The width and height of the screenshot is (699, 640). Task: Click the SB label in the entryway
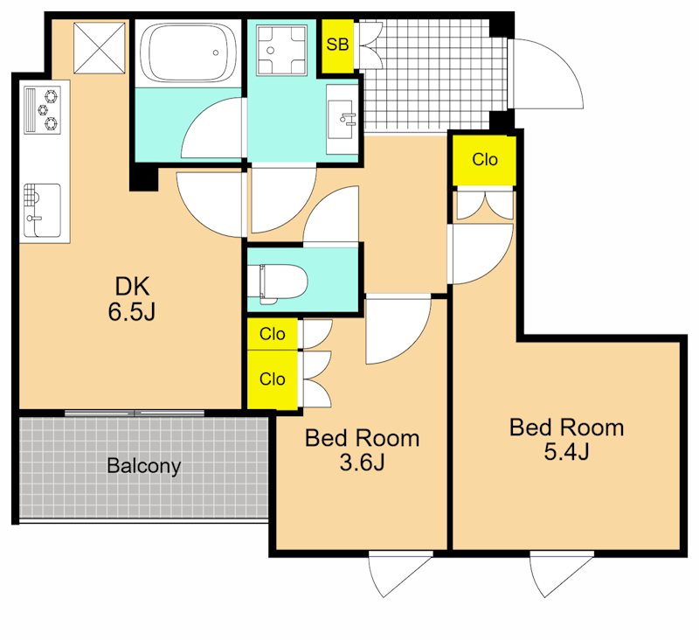tap(337, 45)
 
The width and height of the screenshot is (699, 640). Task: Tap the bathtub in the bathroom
tap(188, 52)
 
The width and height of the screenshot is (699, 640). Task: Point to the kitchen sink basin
tap(42, 210)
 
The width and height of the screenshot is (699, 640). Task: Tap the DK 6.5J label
tap(133, 298)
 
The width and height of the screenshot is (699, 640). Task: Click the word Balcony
tap(143, 466)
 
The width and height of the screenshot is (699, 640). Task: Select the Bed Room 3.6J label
tap(362, 449)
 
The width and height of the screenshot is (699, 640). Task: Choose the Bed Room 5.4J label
tap(566, 439)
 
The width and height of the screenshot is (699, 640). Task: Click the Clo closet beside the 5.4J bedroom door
tap(485, 160)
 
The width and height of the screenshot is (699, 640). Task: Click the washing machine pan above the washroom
tap(282, 50)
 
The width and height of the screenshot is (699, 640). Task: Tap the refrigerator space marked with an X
tap(99, 48)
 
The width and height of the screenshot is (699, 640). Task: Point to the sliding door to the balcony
tap(135, 413)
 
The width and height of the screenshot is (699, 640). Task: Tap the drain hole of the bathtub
tap(216, 52)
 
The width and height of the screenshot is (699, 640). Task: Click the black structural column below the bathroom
tap(143, 177)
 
